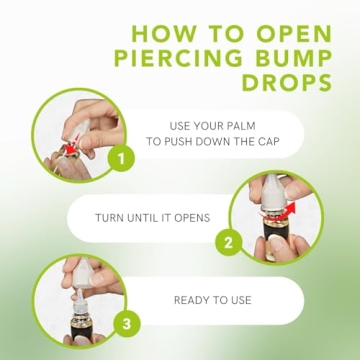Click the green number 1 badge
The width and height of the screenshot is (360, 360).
click(x=121, y=159)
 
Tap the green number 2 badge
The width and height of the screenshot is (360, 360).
click(x=228, y=242)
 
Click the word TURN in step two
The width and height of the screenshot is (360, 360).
click(x=112, y=217)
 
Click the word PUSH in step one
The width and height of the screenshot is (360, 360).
click(x=182, y=143)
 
